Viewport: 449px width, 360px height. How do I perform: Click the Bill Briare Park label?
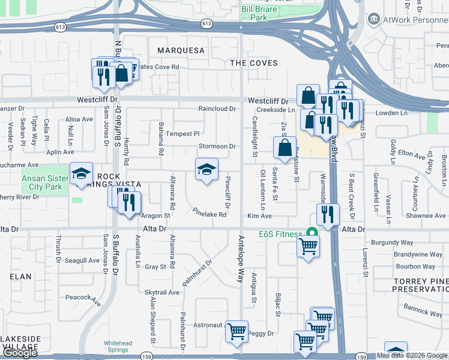(x=262, y=14)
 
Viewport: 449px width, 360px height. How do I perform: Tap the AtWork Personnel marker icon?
(x=375, y=19)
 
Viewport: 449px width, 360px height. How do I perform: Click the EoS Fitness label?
(x=280, y=234)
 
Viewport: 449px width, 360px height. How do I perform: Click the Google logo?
(x=20, y=353)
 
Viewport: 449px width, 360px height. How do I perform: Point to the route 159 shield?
(x=361, y=356)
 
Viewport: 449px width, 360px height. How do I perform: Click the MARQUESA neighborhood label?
(x=181, y=50)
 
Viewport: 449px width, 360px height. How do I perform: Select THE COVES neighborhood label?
(x=255, y=63)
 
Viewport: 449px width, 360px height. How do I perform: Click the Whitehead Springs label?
(x=118, y=347)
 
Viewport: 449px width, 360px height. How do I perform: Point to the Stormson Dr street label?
(x=217, y=146)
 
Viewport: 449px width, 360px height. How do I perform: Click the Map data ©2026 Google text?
(x=412, y=356)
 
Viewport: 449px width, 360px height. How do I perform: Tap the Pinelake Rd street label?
(x=209, y=212)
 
